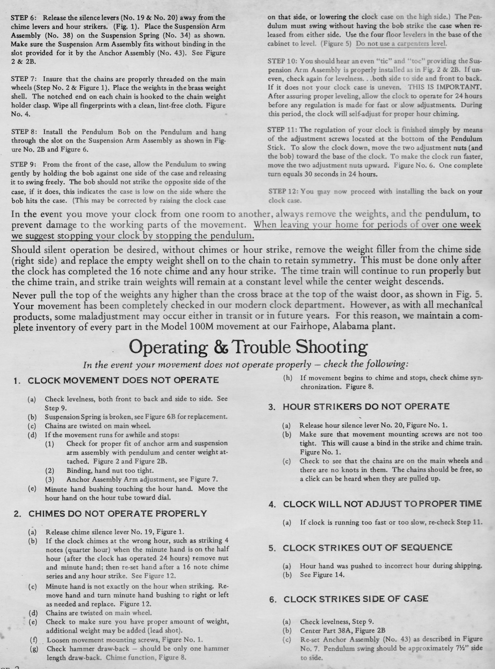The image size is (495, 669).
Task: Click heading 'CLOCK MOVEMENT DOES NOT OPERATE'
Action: [123, 380]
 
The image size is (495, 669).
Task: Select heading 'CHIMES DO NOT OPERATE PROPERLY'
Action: [117, 513]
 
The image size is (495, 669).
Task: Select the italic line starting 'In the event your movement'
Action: [246, 365]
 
